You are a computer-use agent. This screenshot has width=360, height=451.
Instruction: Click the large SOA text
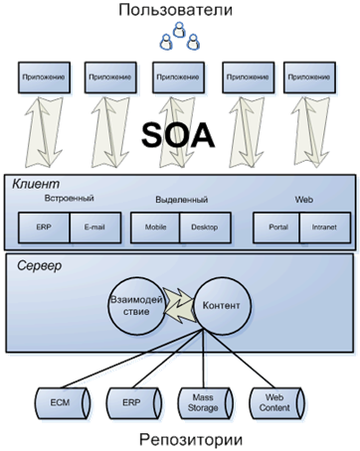178,135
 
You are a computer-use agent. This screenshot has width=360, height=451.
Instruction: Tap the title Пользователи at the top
175,10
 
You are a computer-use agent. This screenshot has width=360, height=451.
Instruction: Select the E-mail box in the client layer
95,227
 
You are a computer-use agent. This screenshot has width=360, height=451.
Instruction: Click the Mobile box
155,227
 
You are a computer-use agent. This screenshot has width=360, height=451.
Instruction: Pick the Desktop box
205,227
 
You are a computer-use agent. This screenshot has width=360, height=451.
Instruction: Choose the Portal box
276,227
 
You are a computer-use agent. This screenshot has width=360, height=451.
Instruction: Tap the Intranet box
325,227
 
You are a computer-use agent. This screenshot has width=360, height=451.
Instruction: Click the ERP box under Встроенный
44,227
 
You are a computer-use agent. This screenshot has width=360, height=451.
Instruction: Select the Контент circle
222,306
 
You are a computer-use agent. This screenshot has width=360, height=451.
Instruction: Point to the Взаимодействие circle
136,306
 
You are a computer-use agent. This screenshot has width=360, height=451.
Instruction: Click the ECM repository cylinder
63,403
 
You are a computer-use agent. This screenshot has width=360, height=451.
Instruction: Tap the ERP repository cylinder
134,403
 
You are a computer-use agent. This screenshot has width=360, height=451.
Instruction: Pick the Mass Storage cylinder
206,403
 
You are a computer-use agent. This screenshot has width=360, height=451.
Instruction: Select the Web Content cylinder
276,403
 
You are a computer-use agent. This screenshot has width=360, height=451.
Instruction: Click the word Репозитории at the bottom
191,440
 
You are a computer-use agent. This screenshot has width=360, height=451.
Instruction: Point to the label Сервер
39,265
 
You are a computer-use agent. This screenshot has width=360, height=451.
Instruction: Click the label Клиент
36,184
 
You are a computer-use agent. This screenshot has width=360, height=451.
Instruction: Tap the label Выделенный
182,200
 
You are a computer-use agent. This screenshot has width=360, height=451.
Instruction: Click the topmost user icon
179,30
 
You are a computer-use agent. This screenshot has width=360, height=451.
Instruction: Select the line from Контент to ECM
132,359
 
